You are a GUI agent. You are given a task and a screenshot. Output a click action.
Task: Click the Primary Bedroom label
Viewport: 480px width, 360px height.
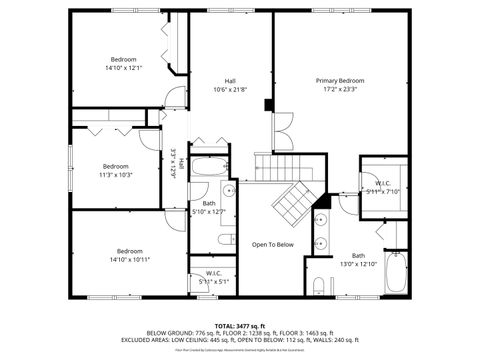(340, 84)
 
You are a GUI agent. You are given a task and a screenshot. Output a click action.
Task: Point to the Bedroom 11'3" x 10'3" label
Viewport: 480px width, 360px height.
(115, 170)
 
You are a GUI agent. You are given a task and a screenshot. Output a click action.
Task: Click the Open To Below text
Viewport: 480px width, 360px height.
(272, 245)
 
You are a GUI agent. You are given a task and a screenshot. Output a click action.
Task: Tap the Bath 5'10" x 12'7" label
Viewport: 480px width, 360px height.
(208, 208)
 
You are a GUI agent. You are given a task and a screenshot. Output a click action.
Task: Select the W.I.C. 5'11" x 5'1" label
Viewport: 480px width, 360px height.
(213, 277)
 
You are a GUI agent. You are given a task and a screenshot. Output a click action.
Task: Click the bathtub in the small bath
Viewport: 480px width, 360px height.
(209, 166)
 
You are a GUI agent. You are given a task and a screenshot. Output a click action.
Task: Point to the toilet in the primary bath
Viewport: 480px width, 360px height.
(318, 287)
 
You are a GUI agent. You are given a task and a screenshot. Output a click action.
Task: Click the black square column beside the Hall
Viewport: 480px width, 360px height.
(267, 103)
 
